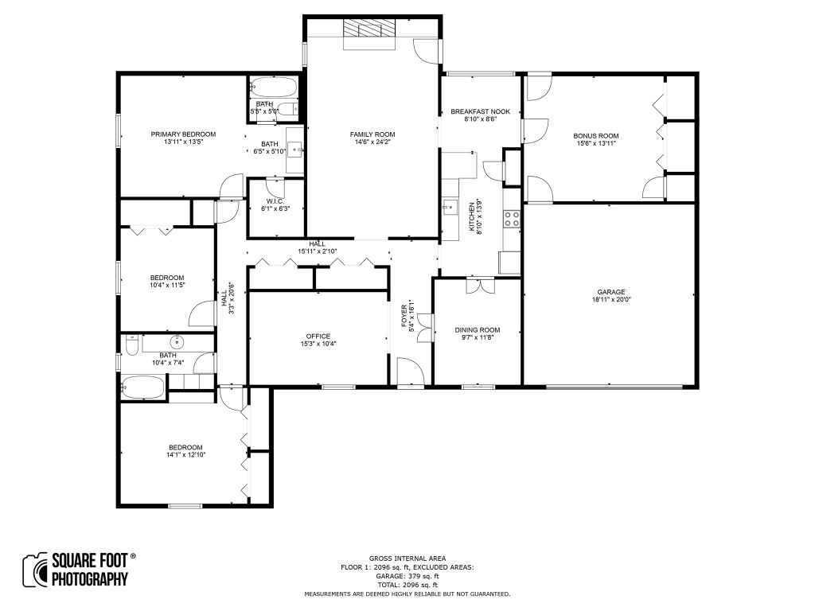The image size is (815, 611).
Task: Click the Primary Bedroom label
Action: [183, 134]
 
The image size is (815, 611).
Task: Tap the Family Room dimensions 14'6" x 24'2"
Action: [372, 142]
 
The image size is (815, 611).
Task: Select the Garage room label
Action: [610, 292]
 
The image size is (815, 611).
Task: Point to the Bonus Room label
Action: [595, 136]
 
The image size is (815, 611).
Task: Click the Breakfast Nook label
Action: [480, 111]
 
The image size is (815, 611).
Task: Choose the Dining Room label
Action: [478, 330]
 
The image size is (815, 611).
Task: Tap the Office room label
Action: [318, 337]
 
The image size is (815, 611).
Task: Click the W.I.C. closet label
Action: [275, 201]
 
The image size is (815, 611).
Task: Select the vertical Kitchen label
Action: [472, 216]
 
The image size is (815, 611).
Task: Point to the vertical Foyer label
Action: [404, 315]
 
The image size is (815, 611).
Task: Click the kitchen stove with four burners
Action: [512, 219]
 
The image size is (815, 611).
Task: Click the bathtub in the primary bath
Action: [273, 88]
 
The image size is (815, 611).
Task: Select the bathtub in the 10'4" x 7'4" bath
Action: [142, 387]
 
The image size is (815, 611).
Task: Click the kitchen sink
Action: [450, 206]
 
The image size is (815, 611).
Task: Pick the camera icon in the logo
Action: [35, 570]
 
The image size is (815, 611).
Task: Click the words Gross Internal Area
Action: [407, 558]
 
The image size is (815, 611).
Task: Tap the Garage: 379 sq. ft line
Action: [407, 576]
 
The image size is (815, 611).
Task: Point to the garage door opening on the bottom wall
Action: [614, 387]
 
